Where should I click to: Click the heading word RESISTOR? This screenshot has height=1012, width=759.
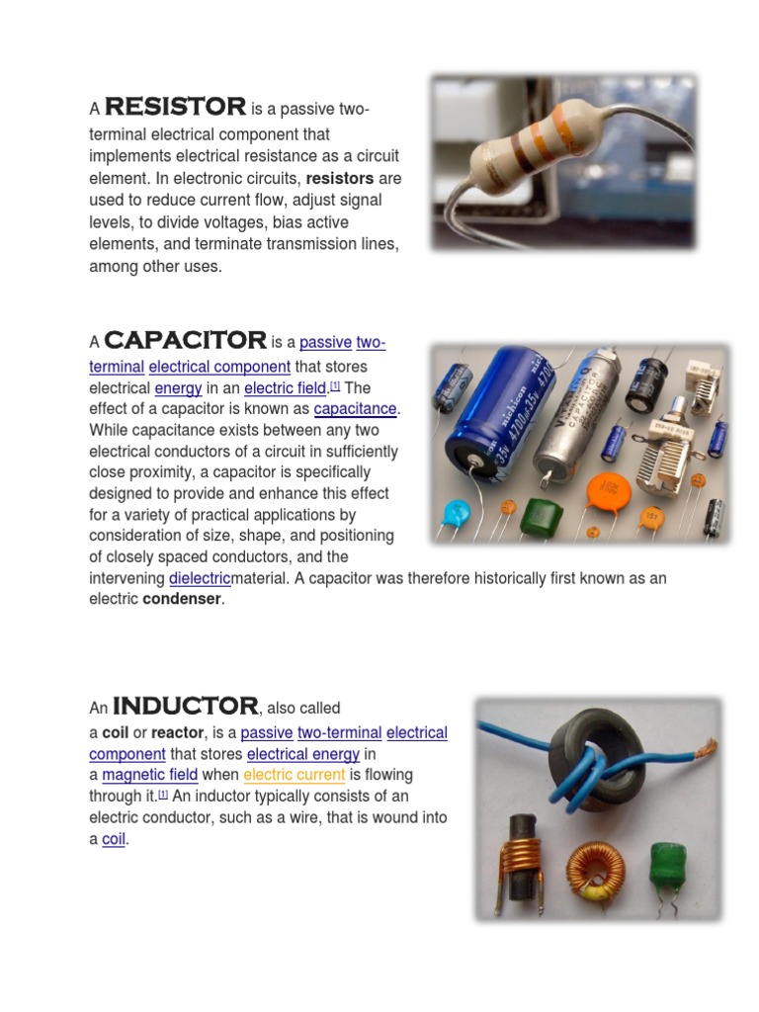(x=175, y=107)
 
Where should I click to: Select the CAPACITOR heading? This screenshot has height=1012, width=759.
(x=185, y=341)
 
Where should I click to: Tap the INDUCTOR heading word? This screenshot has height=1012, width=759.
(x=185, y=707)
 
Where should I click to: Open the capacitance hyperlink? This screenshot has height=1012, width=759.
(x=356, y=409)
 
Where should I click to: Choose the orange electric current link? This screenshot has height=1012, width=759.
(x=295, y=775)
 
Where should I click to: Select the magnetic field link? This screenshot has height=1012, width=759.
(x=150, y=775)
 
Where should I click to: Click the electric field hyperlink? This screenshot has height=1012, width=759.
(x=286, y=388)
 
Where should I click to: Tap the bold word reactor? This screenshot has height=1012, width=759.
(x=177, y=733)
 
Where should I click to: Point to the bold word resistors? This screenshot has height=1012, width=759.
(x=340, y=179)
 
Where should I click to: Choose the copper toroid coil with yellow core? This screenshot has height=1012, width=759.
(x=596, y=870)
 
